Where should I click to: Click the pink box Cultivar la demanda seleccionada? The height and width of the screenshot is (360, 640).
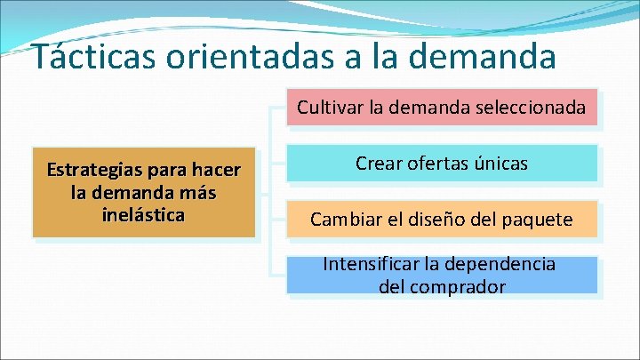[441, 109]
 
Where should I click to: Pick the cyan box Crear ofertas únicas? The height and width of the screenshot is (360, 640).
[441, 164]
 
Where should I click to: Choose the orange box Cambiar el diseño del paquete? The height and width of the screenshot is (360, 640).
[441, 220]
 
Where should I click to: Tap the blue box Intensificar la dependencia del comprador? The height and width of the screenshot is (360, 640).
[441, 276]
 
